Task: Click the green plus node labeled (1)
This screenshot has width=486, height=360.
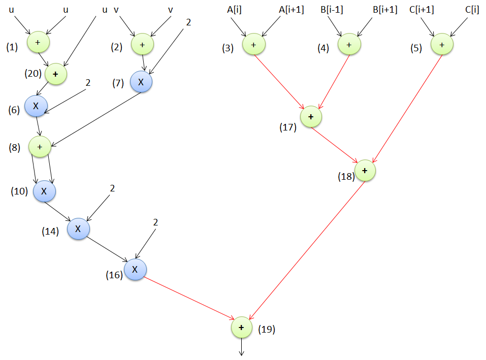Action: pos(38,42)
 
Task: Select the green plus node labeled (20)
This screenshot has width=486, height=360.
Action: pos(56,74)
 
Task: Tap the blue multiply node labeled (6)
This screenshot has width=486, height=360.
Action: pos(36,106)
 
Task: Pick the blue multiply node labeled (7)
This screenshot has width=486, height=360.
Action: pos(142,81)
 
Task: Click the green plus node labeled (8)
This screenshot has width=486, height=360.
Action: pos(41,147)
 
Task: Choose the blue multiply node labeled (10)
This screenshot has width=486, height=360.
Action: pos(44,191)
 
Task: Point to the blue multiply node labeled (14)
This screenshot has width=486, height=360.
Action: pos(78,228)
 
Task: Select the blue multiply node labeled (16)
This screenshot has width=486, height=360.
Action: pos(135,270)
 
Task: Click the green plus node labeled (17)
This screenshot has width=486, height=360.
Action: pos(311,117)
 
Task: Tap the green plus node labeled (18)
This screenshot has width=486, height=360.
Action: pos(365,171)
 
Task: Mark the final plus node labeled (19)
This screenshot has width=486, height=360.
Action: pos(242,328)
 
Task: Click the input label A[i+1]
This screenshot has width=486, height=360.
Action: pos(291,9)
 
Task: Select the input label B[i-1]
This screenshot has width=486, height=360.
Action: pos(332,9)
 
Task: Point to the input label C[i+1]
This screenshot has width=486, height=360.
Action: pos(422,9)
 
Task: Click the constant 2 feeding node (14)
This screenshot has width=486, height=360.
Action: pos(112,188)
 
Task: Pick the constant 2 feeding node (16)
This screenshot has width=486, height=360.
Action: pos(155,222)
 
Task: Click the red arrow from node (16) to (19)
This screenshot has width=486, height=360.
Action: pos(188,299)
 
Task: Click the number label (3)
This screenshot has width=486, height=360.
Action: pos(228,48)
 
